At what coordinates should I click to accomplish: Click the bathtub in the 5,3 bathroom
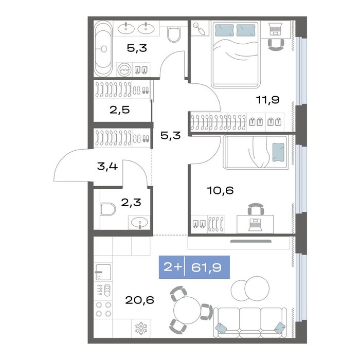[x=103, y=49]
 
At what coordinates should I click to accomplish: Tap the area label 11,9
[x=268, y=100]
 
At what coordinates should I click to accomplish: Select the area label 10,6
[x=221, y=190]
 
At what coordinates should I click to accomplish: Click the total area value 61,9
[x=206, y=267]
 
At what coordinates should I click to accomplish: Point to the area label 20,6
[x=139, y=300]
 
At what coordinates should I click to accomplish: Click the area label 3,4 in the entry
[x=107, y=166]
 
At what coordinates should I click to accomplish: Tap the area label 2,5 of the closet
[x=120, y=110]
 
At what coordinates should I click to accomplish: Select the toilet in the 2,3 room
[x=107, y=209]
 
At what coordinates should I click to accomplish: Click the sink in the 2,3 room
[x=139, y=222]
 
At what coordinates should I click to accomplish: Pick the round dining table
[x=187, y=310]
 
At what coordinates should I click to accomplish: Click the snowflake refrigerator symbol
[x=141, y=328]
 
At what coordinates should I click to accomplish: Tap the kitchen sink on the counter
[x=103, y=272]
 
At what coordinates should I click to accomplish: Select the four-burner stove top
[x=103, y=309]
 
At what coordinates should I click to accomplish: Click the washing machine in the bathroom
[x=124, y=69]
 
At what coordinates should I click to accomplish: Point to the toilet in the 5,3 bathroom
[x=174, y=34]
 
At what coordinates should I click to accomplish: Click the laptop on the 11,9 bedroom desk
[x=276, y=28]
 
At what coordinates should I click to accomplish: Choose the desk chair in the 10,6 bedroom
[x=256, y=209]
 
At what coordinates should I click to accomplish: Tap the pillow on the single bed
[x=278, y=152]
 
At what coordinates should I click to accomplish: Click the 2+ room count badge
[x=173, y=267]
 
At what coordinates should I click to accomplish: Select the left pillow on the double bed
[x=224, y=30]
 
